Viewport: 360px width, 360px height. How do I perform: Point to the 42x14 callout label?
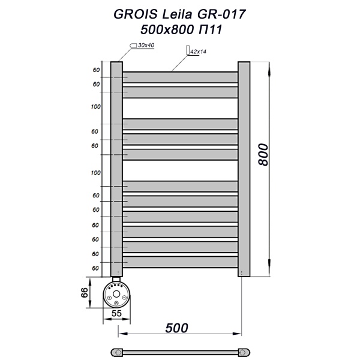(197, 52)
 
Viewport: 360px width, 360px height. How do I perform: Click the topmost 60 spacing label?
(95, 70)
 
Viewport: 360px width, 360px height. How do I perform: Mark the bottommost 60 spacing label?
(95, 269)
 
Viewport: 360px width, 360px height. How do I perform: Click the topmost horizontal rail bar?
(180, 77)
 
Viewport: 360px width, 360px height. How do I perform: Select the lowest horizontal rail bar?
(180, 262)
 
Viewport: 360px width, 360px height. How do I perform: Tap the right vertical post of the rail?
(244, 168)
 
